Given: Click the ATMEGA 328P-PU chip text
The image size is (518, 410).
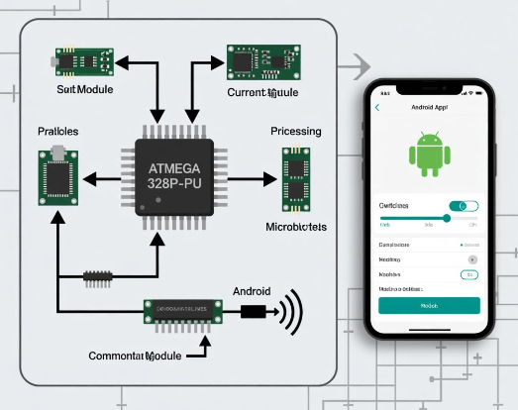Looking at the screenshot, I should [174, 175].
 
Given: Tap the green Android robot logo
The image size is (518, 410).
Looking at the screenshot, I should [429, 156].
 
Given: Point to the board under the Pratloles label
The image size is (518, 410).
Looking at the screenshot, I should [58, 178].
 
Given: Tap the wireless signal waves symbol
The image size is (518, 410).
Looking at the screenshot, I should [290, 313].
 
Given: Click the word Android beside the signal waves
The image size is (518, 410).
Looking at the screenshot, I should [252, 292].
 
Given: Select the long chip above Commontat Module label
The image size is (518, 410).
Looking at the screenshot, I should [184, 312].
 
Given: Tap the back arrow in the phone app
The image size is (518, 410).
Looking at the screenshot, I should [377, 107].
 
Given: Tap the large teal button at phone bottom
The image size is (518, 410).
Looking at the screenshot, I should [429, 306].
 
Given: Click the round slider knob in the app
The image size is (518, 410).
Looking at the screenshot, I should [447, 218].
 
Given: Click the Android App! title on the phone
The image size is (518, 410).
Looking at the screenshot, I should [429, 107].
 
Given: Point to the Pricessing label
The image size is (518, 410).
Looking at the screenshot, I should [296, 131].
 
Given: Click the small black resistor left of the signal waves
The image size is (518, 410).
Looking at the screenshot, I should [253, 313].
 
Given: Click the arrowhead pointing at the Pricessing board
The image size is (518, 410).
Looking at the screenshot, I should [271, 179].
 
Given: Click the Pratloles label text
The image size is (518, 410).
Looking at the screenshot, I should [58, 131].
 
